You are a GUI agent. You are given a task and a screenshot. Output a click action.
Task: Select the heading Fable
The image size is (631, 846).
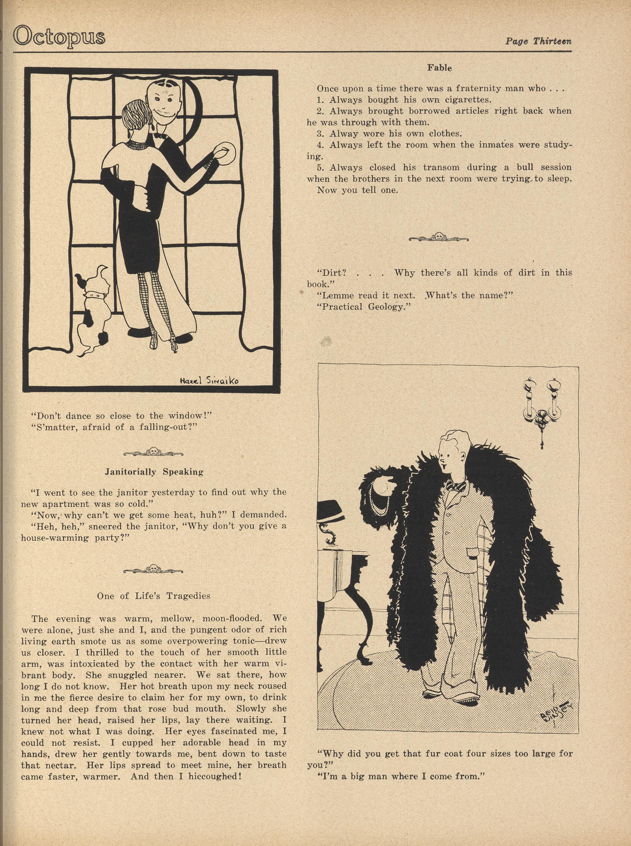(x=439, y=68)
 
